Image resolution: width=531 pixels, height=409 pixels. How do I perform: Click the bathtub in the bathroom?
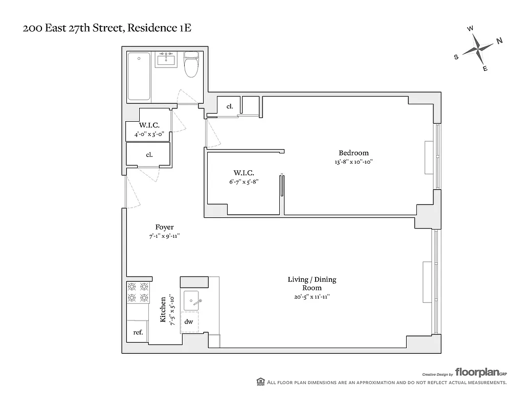pos(139,76)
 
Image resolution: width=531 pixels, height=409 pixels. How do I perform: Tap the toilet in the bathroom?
pos(191,65)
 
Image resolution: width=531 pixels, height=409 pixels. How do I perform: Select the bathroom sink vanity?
pos(166,60)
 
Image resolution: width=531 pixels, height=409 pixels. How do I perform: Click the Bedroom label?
pos(353,153)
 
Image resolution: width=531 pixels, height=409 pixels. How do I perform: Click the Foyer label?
pos(164,227)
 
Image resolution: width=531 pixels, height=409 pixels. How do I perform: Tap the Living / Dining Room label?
pos(312,283)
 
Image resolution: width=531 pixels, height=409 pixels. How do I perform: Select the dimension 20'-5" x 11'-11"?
pos(312,297)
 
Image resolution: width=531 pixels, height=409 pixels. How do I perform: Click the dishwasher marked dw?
pos(189,322)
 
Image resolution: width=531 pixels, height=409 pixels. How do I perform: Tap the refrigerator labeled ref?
pos(138,332)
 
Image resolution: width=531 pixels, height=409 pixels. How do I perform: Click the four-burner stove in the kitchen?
pos(138,292)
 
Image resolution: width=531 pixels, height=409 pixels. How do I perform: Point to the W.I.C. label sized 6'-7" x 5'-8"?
pos(244,173)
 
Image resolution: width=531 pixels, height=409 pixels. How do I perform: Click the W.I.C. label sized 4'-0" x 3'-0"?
pos(148,125)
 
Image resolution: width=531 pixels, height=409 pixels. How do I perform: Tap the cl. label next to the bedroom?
pos(230,106)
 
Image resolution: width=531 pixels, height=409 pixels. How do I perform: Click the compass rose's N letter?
pos(499,41)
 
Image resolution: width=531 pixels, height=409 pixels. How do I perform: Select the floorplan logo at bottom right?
pos(480,372)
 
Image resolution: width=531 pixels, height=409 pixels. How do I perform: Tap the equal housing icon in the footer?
pos(260,382)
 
